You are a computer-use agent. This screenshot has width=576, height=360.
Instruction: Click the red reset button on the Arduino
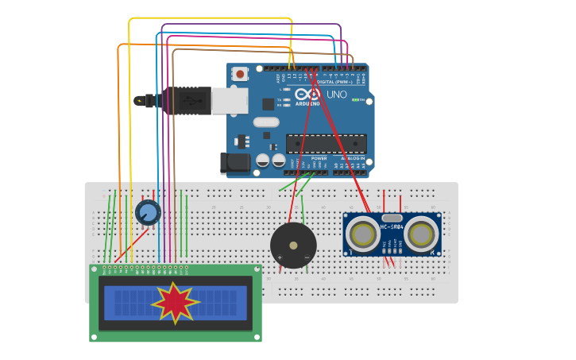[240, 74]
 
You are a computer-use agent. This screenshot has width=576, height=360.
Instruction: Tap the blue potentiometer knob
[148, 212]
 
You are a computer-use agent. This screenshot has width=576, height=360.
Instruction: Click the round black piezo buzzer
[293, 245]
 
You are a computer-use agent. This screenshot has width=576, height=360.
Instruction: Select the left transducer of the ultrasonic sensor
[363, 234]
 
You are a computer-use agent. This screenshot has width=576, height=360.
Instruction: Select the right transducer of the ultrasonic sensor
[421, 234]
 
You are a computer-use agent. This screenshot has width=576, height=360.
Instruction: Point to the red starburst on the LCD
[175, 303]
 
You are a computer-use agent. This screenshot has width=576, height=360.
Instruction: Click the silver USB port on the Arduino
[230, 101]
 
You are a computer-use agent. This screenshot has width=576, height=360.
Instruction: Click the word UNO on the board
[337, 95]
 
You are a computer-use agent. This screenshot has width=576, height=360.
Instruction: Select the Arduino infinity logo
[308, 94]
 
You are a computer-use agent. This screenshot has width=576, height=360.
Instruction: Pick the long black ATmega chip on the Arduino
[326, 143]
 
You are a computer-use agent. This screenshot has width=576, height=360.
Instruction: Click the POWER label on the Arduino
[319, 158]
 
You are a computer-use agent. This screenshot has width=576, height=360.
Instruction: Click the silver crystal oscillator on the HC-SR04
[392, 218]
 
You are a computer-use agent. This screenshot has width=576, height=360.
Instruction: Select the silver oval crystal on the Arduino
[266, 122]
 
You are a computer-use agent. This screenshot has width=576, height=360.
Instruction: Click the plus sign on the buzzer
[279, 257]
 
